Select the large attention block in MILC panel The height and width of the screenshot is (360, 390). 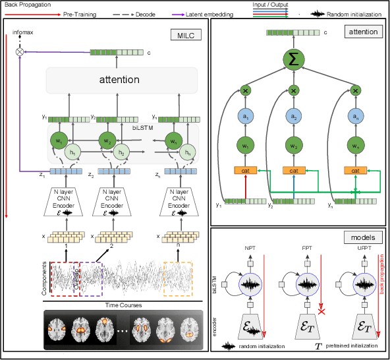pyautogui.click(x=119, y=80)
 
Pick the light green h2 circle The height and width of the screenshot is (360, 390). pyautogui.click(x=121, y=152)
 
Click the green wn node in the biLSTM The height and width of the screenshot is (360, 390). pyautogui.click(x=174, y=140)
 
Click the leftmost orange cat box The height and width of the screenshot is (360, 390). pyautogui.click(x=245, y=170)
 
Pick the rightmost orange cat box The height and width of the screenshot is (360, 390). pyautogui.click(x=355, y=170)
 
